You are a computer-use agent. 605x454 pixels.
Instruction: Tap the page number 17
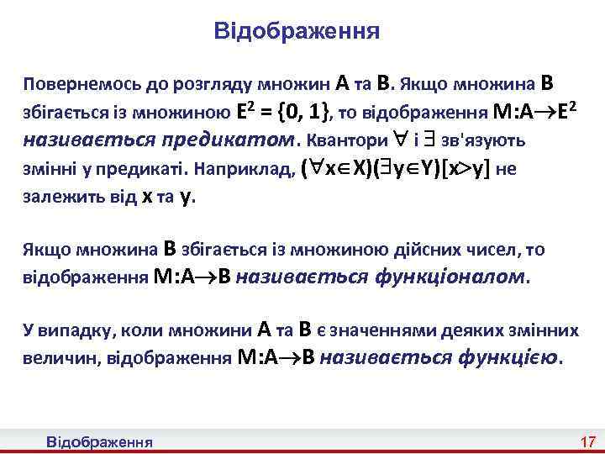point(587,442)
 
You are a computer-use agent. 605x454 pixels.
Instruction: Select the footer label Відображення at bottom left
point(99,442)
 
